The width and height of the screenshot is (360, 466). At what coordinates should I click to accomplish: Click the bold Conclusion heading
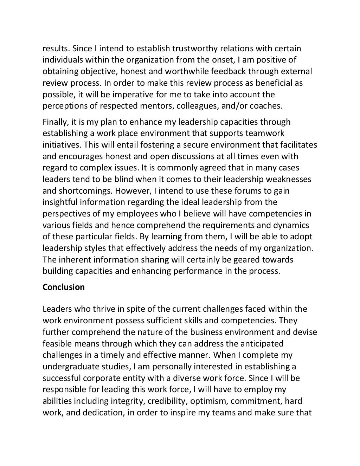64,287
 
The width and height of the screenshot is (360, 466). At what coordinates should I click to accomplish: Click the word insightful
60,202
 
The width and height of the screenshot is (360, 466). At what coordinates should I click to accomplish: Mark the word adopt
302,237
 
